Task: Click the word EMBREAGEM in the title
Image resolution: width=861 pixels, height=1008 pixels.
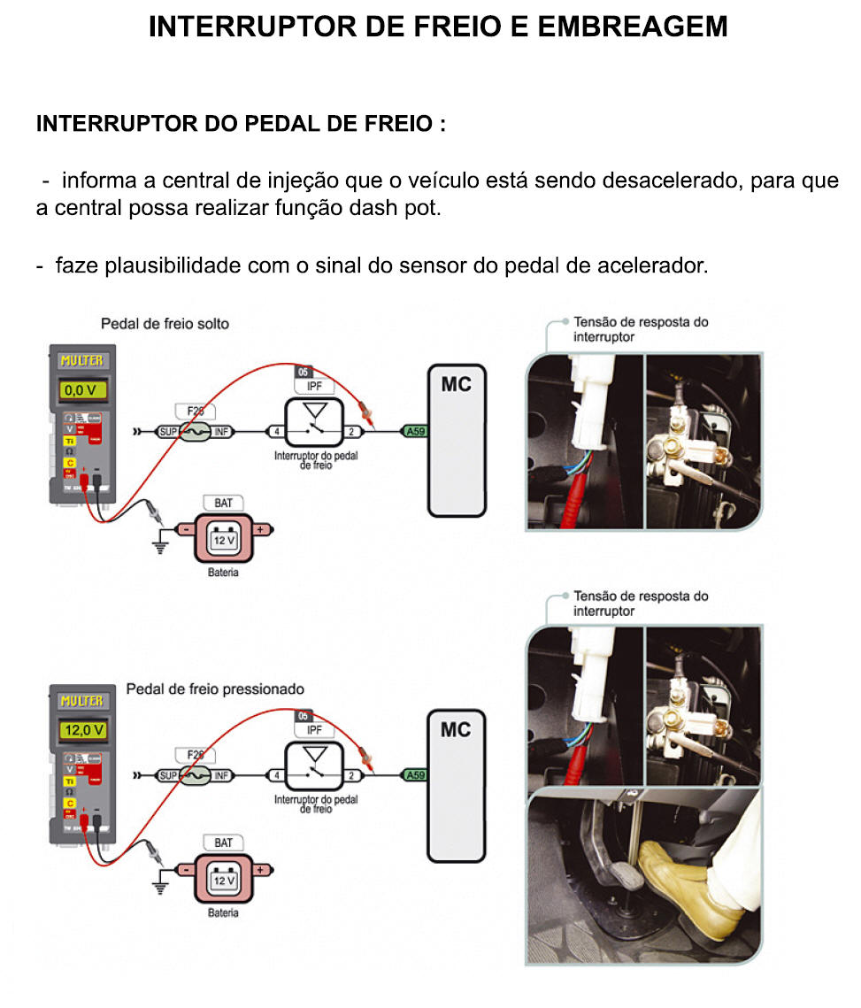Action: (x=632, y=27)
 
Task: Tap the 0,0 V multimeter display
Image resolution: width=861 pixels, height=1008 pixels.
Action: (x=82, y=389)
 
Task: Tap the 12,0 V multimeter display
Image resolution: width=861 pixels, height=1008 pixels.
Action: (x=82, y=730)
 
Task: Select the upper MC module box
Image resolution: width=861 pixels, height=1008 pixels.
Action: (x=457, y=441)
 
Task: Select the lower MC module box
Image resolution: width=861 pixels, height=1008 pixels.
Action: (x=457, y=786)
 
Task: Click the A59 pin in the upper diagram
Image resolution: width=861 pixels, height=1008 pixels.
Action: (x=413, y=432)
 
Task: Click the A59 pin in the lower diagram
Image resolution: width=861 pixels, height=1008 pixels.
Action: (x=413, y=775)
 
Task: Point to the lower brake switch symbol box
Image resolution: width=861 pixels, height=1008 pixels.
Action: (x=313, y=766)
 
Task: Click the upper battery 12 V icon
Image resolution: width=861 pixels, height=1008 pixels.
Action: (x=224, y=538)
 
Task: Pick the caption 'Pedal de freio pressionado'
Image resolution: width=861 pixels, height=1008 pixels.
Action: (x=215, y=689)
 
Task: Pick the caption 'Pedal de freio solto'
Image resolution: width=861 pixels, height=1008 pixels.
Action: (x=165, y=324)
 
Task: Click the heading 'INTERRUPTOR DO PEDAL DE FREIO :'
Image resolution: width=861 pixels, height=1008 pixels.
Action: (x=241, y=123)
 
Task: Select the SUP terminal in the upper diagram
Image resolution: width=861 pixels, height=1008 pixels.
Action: (x=167, y=432)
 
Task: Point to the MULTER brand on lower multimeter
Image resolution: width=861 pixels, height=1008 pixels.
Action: (x=81, y=702)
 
